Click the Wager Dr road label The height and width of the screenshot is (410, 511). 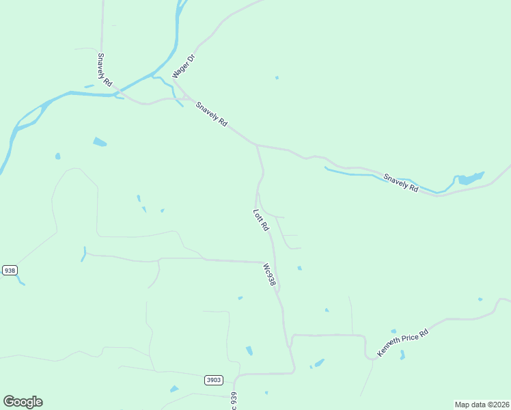coord(184,66)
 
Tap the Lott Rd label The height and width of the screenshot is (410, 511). coord(261,219)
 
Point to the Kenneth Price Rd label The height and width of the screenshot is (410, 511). coord(405,342)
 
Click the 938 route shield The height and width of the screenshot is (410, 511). coord(10,270)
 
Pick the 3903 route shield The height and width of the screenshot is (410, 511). coord(213,379)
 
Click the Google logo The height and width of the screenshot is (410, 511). coord(23,402)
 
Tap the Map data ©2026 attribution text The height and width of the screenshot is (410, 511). coord(482,405)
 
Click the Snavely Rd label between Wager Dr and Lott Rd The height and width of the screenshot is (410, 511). coord(211,113)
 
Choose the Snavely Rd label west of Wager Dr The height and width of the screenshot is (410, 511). coord(105,69)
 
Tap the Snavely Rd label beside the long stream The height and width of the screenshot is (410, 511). coord(401,182)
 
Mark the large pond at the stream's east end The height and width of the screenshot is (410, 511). coord(469,179)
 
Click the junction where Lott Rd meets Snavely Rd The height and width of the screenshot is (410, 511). coord(256,145)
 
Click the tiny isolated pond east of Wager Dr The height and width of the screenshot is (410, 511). coord(277,77)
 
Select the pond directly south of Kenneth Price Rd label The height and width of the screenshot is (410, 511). coord(402,355)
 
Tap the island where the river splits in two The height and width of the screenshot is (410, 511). coord(27,118)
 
